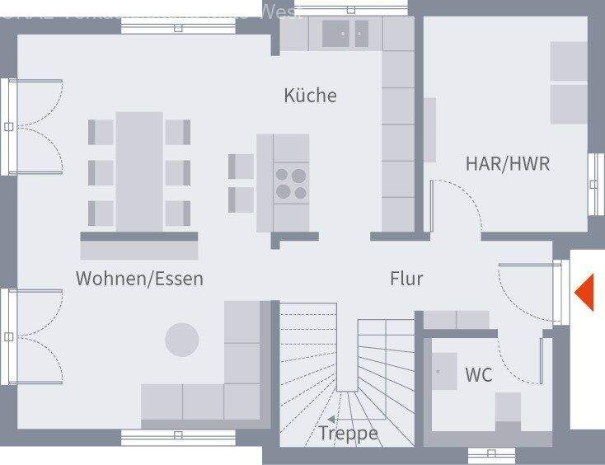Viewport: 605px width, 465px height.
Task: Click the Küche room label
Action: [x=310, y=96]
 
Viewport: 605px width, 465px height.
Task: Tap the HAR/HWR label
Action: [x=507, y=163]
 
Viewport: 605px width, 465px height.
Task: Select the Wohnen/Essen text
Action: [x=139, y=279]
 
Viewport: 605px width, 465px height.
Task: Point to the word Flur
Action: [x=406, y=279]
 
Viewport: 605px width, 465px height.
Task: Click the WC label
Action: [x=478, y=375]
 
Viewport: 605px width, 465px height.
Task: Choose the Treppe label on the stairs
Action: [x=348, y=433]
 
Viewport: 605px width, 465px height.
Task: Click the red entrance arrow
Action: [x=584, y=293]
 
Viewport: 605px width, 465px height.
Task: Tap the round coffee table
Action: [x=182, y=340]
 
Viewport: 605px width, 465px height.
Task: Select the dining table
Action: [x=138, y=171]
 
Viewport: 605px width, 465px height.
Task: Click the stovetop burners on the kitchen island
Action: [x=290, y=183]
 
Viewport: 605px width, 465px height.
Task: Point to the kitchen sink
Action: [x=345, y=34]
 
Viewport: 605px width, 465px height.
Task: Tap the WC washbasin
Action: [x=445, y=371]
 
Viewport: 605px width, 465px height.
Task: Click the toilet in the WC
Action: [x=508, y=409]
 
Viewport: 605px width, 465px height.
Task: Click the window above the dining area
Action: [x=178, y=26]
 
